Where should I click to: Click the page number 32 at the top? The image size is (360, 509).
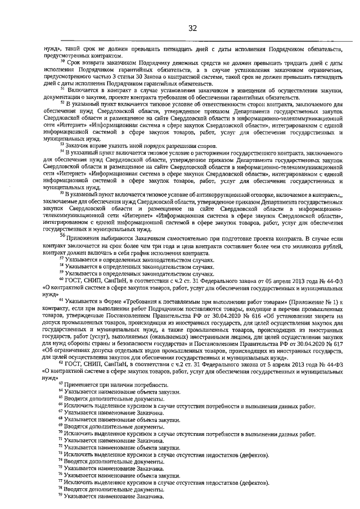pyautogui.click(x=192, y=28)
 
